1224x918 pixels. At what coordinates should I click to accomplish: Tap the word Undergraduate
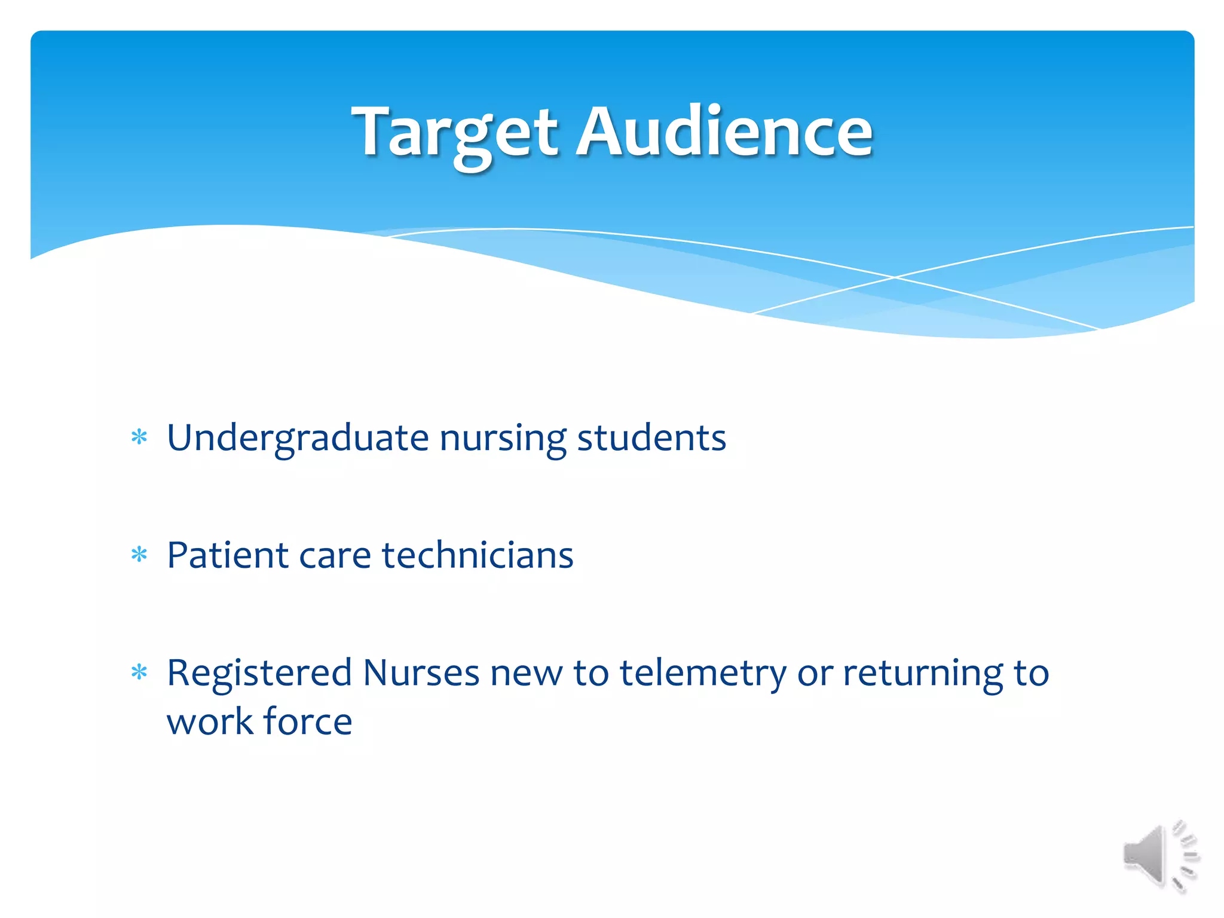[297, 439]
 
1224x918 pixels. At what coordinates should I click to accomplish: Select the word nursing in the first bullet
[503, 439]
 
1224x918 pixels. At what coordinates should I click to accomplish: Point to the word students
[651, 437]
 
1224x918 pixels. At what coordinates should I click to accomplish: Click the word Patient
[228, 555]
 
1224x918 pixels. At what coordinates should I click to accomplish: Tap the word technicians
[478, 555]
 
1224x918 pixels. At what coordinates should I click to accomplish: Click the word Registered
[259, 674]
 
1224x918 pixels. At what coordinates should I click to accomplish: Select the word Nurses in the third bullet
[421, 673]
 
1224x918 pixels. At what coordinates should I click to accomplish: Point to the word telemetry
[703, 674]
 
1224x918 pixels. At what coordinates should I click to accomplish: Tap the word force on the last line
[307, 721]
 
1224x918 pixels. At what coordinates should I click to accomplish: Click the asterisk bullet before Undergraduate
[139, 437]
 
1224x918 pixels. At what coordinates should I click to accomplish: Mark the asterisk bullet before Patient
[139, 555]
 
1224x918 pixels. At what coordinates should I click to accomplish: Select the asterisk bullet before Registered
[139, 673]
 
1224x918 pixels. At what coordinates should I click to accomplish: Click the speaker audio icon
[1159, 856]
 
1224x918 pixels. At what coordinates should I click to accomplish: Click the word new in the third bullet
[526, 674]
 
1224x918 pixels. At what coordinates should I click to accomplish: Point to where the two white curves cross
[895, 277]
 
